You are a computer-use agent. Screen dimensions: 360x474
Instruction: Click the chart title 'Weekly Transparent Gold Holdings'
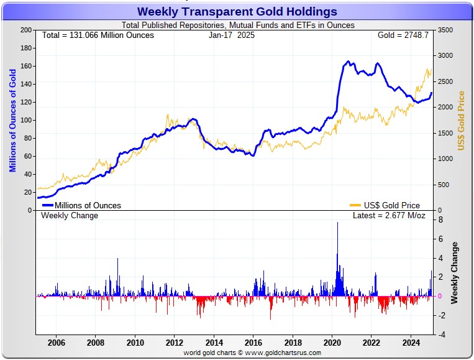(237, 12)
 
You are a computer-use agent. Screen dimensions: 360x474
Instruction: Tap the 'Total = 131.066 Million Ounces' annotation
(98, 35)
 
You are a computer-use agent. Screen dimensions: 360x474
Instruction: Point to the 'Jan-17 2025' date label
(231, 35)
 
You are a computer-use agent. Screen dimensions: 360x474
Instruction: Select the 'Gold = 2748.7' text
(403, 35)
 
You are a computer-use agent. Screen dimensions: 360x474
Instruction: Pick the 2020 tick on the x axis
(332, 342)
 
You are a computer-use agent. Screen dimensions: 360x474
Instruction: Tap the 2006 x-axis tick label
(56, 342)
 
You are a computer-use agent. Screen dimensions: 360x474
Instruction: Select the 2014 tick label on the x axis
(214, 342)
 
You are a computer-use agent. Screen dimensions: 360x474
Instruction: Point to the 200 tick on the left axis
(25, 30)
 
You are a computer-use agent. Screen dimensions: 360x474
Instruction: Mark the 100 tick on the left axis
(25, 120)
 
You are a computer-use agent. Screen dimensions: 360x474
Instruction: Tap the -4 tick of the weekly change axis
(439, 335)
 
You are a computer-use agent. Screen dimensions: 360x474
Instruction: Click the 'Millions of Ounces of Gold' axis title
(13, 120)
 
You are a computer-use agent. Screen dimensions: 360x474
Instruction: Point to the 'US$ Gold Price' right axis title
(462, 120)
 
